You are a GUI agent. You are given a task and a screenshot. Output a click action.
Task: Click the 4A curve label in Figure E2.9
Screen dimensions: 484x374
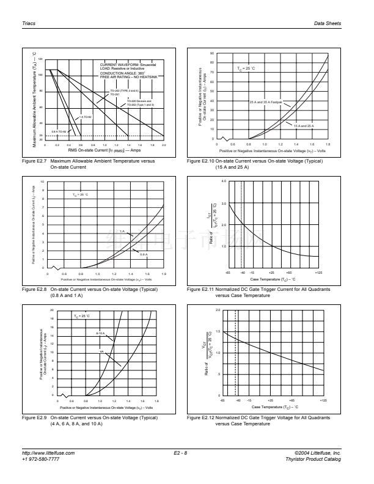pyautogui.click(x=102, y=352)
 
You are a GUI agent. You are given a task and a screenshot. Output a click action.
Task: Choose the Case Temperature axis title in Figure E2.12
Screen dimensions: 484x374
pyautogui.click(x=274, y=406)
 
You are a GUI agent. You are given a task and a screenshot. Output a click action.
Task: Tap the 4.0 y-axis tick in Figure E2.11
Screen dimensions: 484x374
pyautogui.click(x=224, y=182)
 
